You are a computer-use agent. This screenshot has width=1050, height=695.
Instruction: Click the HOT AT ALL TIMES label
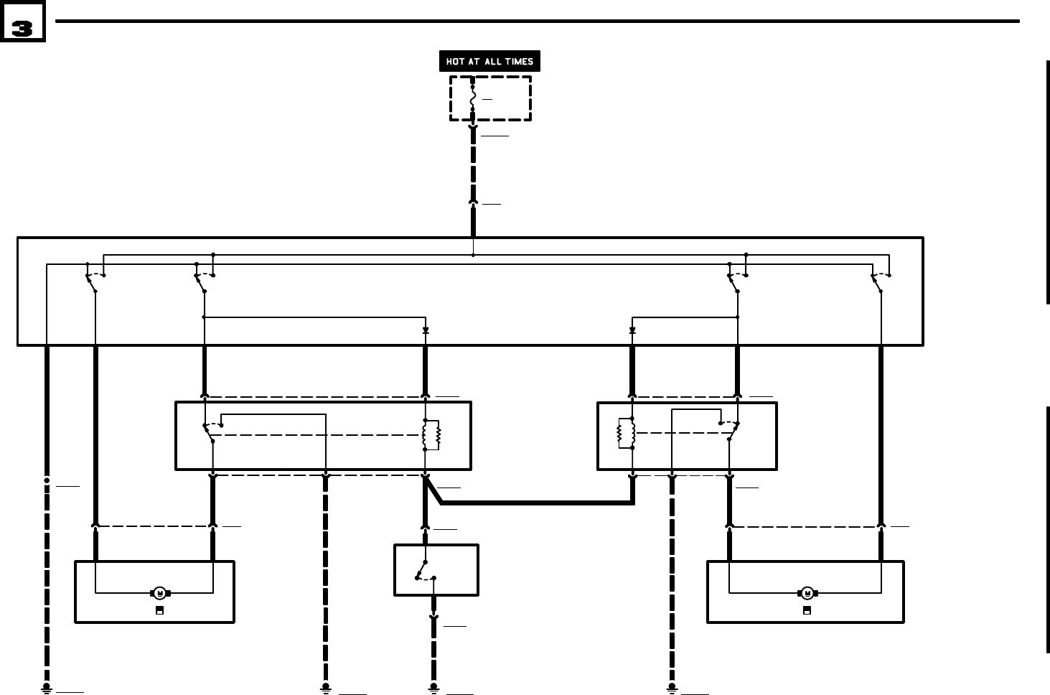[489, 62]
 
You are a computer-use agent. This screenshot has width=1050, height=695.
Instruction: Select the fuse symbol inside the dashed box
[472, 98]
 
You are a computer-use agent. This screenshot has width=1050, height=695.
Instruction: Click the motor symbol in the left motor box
[160, 593]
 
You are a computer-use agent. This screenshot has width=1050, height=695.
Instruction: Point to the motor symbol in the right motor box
[807, 593]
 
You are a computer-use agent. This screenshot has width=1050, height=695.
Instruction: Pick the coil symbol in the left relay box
[431, 435]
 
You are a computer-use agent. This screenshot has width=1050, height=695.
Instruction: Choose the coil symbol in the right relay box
[627, 433]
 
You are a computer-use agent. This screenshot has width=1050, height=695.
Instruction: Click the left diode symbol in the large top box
[426, 330]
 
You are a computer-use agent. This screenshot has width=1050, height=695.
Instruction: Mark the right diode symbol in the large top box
[632, 330]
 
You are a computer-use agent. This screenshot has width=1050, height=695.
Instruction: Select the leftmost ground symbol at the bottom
[47, 689]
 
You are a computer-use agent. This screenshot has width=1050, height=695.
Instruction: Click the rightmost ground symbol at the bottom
[672, 689]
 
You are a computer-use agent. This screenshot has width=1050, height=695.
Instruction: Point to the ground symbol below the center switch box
[433, 689]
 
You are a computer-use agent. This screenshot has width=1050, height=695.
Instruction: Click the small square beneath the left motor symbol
[159, 610]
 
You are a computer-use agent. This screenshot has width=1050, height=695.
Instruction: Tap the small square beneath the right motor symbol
[807, 610]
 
